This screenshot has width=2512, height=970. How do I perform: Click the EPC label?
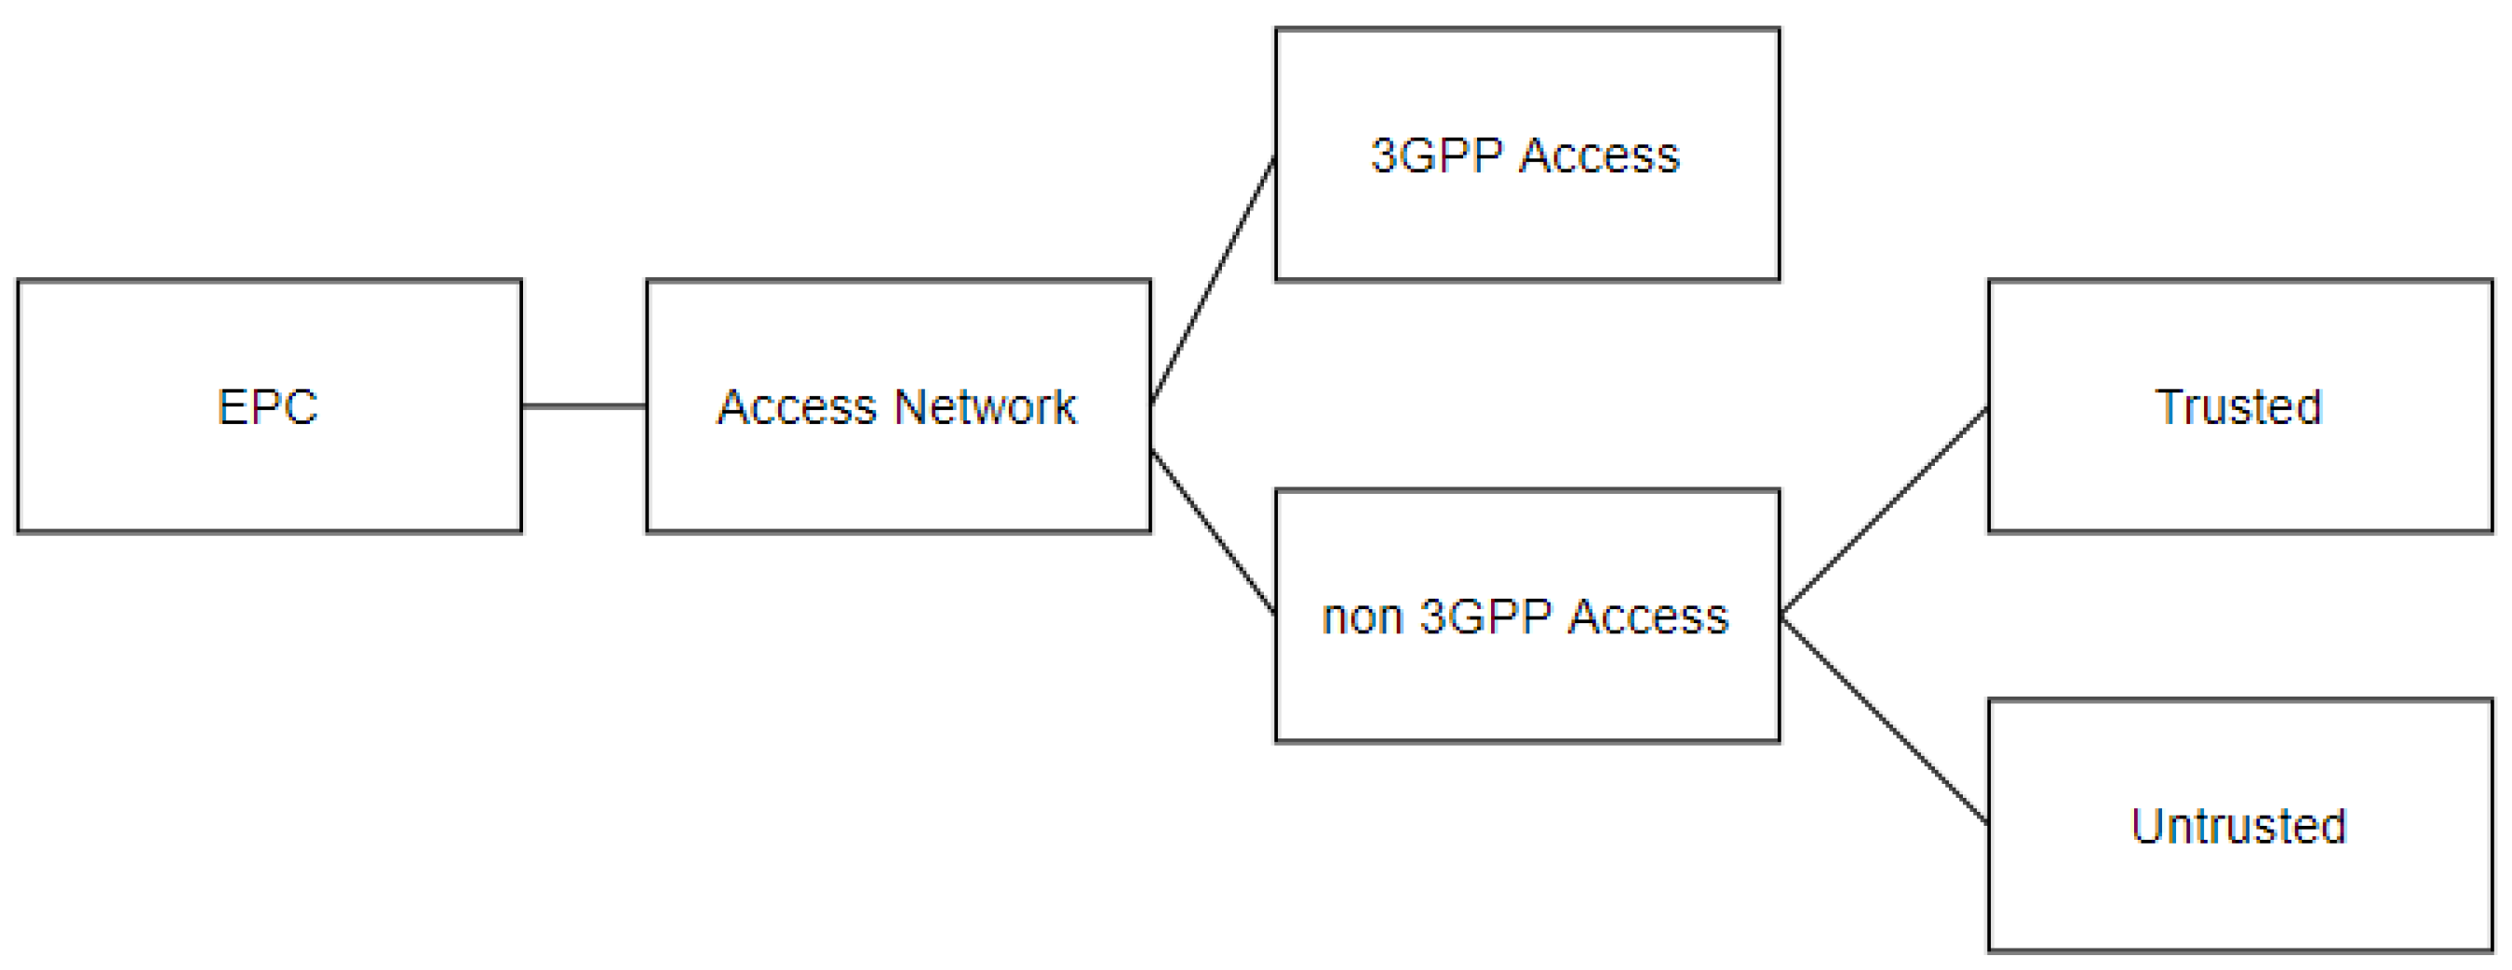click(x=267, y=406)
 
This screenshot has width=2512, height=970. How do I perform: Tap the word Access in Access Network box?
click(x=797, y=406)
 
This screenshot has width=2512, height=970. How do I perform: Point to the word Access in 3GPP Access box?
click(x=1599, y=155)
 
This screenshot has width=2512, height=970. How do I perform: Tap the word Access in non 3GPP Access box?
click(x=1648, y=618)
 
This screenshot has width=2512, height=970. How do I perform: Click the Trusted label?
click(x=2239, y=406)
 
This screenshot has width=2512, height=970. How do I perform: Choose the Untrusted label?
click(x=2239, y=826)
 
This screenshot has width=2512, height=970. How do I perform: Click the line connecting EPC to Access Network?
click(x=584, y=405)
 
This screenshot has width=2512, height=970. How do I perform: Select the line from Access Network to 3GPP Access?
click(x=1213, y=280)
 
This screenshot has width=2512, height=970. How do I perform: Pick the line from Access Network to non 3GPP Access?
click(x=1213, y=531)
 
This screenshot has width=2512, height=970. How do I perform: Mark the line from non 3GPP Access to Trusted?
click(x=1884, y=511)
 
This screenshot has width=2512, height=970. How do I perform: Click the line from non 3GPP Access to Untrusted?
click(x=1884, y=721)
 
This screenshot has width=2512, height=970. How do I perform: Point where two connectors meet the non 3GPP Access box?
click(x=1781, y=616)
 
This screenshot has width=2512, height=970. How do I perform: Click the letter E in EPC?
click(x=229, y=406)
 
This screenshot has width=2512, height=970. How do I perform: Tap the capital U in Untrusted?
click(x=2145, y=826)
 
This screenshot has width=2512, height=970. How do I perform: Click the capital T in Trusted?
click(x=2168, y=406)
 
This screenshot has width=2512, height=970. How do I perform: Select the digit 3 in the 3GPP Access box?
click(x=1383, y=155)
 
